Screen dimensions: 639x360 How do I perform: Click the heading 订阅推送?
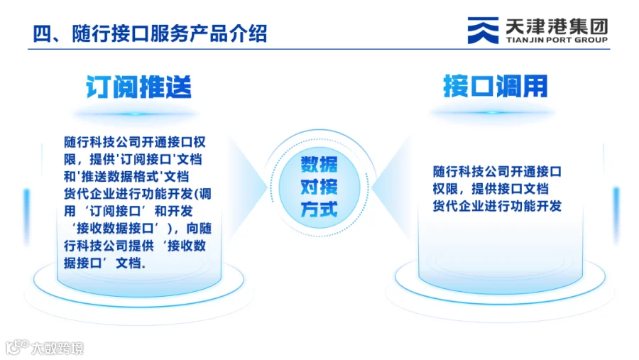(x=138, y=87)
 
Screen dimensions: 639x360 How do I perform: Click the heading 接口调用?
(x=495, y=86)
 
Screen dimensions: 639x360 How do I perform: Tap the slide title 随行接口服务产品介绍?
(x=170, y=33)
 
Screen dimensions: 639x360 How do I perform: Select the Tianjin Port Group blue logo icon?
(x=483, y=30)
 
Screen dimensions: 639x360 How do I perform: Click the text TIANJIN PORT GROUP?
(x=557, y=40)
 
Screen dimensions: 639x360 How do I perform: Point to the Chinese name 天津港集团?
(x=557, y=26)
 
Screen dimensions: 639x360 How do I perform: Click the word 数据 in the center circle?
(x=319, y=164)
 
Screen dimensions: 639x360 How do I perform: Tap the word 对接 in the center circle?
(x=319, y=187)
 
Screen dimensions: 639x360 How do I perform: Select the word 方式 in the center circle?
(x=319, y=209)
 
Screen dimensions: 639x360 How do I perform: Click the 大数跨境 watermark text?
(x=58, y=348)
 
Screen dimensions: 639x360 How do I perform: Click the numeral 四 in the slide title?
(x=41, y=33)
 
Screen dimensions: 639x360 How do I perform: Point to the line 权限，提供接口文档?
(x=491, y=189)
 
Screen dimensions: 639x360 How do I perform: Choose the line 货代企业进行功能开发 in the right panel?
(x=497, y=206)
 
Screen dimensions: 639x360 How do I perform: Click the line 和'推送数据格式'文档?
(x=126, y=177)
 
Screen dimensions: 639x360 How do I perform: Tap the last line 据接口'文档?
(x=105, y=263)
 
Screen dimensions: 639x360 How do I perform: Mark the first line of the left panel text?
(x=135, y=142)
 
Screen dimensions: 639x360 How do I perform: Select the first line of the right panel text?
(x=497, y=172)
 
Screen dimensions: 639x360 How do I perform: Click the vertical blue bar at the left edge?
(x=27, y=216)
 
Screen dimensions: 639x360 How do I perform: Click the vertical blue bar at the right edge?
(x=616, y=215)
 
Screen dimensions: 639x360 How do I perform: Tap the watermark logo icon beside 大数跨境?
(x=17, y=347)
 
